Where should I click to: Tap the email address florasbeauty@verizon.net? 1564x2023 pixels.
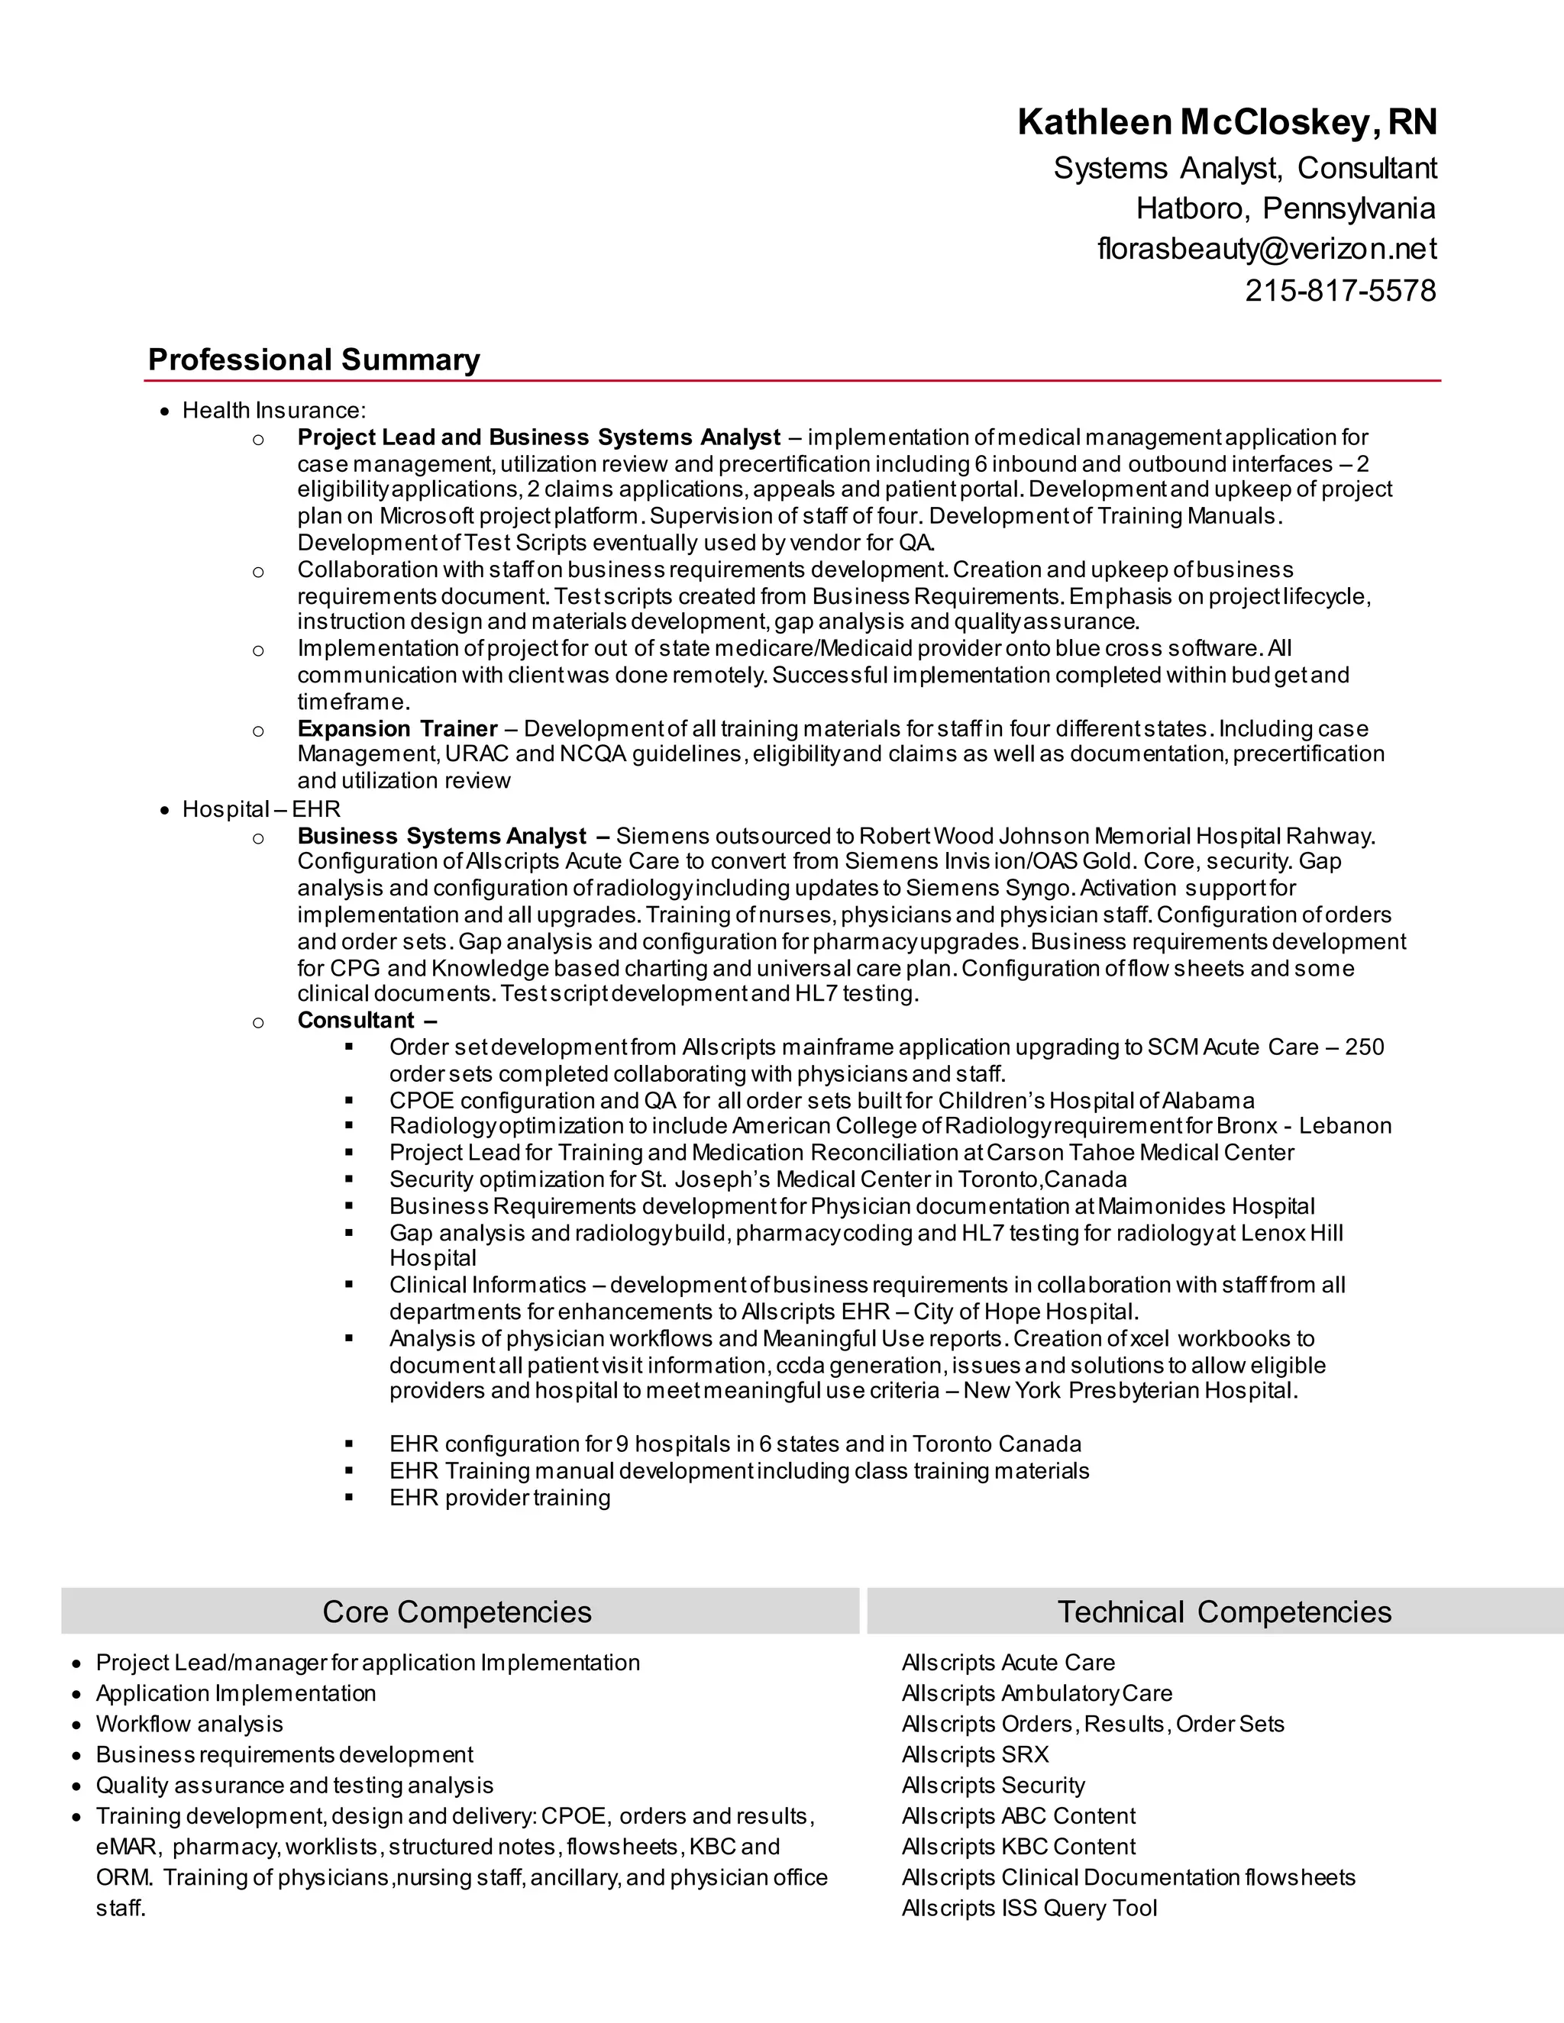(x=1267, y=248)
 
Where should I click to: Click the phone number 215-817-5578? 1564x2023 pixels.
(x=1339, y=290)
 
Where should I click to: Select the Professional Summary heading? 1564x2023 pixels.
(x=314, y=360)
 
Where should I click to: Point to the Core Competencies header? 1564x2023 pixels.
(x=457, y=1612)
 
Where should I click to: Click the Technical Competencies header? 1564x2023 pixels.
(x=1224, y=1612)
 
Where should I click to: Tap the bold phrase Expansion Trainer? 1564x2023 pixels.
(x=397, y=728)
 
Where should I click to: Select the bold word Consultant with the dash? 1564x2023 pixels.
(x=367, y=1020)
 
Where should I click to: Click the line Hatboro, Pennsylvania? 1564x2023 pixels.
(x=1285, y=208)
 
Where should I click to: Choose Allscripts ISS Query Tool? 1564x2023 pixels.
(x=1029, y=1908)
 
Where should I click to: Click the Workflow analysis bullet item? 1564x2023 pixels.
(x=189, y=1724)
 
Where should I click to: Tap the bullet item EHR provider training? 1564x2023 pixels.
(x=499, y=1498)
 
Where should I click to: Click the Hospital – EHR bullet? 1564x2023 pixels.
(x=261, y=808)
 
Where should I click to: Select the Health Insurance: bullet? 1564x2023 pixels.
(x=274, y=411)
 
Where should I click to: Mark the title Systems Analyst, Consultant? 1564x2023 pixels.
(x=1244, y=168)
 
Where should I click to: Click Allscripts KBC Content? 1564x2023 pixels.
(x=1018, y=1846)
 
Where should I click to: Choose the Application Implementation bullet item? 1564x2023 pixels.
(x=236, y=1693)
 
